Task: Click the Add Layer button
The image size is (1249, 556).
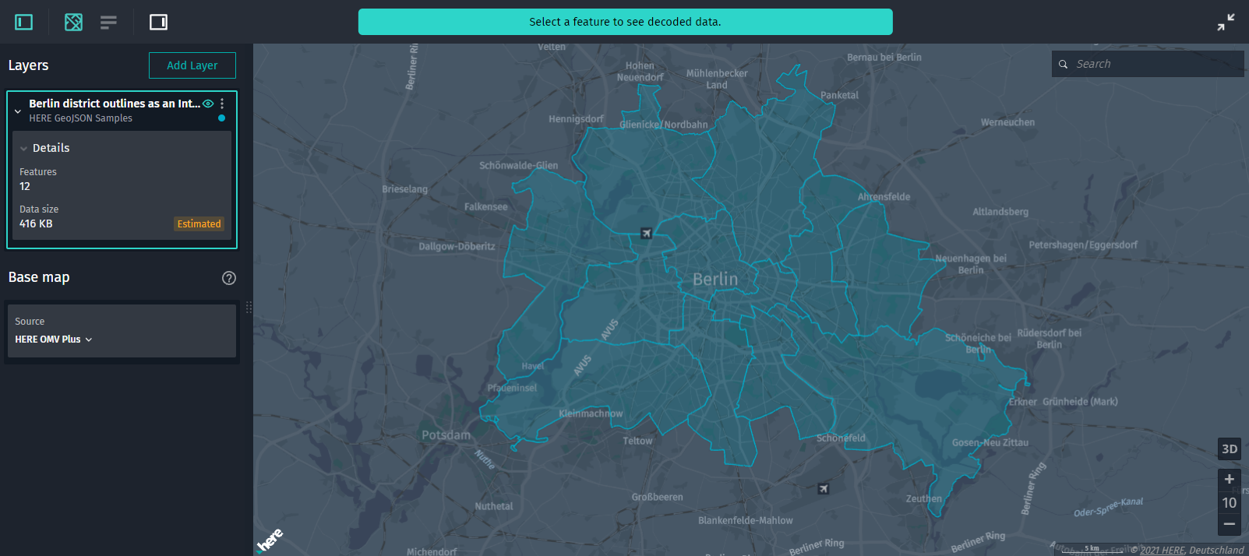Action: pyautogui.click(x=192, y=65)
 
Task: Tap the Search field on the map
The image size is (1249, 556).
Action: pyautogui.click(x=1153, y=64)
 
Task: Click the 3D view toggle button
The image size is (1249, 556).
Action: pyautogui.click(x=1229, y=449)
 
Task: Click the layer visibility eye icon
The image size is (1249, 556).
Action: pyautogui.click(x=208, y=104)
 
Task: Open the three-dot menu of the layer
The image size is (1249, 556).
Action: pyautogui.click(x=222, y=104)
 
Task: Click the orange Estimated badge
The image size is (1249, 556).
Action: pyautogui.click(x=199, y=224)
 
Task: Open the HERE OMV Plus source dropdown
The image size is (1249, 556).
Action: pyautogui.click(x=54, y=340)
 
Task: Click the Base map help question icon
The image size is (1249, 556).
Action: pyautogui.click(x=228, y=278)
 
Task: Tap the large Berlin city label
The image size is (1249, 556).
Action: pyautogui.click(x=714, y=280)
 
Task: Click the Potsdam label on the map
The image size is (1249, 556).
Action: pyautogui.click(x=446, y=435)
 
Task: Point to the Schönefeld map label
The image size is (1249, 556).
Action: pyautogui.click(x=841, y=438)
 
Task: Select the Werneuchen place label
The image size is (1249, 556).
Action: pyautogui.click(x=1007, y=122)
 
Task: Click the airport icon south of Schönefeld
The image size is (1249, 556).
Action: pyautogui.click(x=824, y=489)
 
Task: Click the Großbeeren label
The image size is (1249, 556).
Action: pyautogui.click(x=657, y=497)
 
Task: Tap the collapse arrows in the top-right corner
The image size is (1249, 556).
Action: pyautogui.click(x=1226, y=22)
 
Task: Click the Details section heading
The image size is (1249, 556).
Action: pyautogui.click(x=51, y=148)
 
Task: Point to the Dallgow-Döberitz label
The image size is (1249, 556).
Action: pyautogui.click(x=457, y=246)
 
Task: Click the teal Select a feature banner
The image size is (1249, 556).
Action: pyautogui.click(x=625, y=22)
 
